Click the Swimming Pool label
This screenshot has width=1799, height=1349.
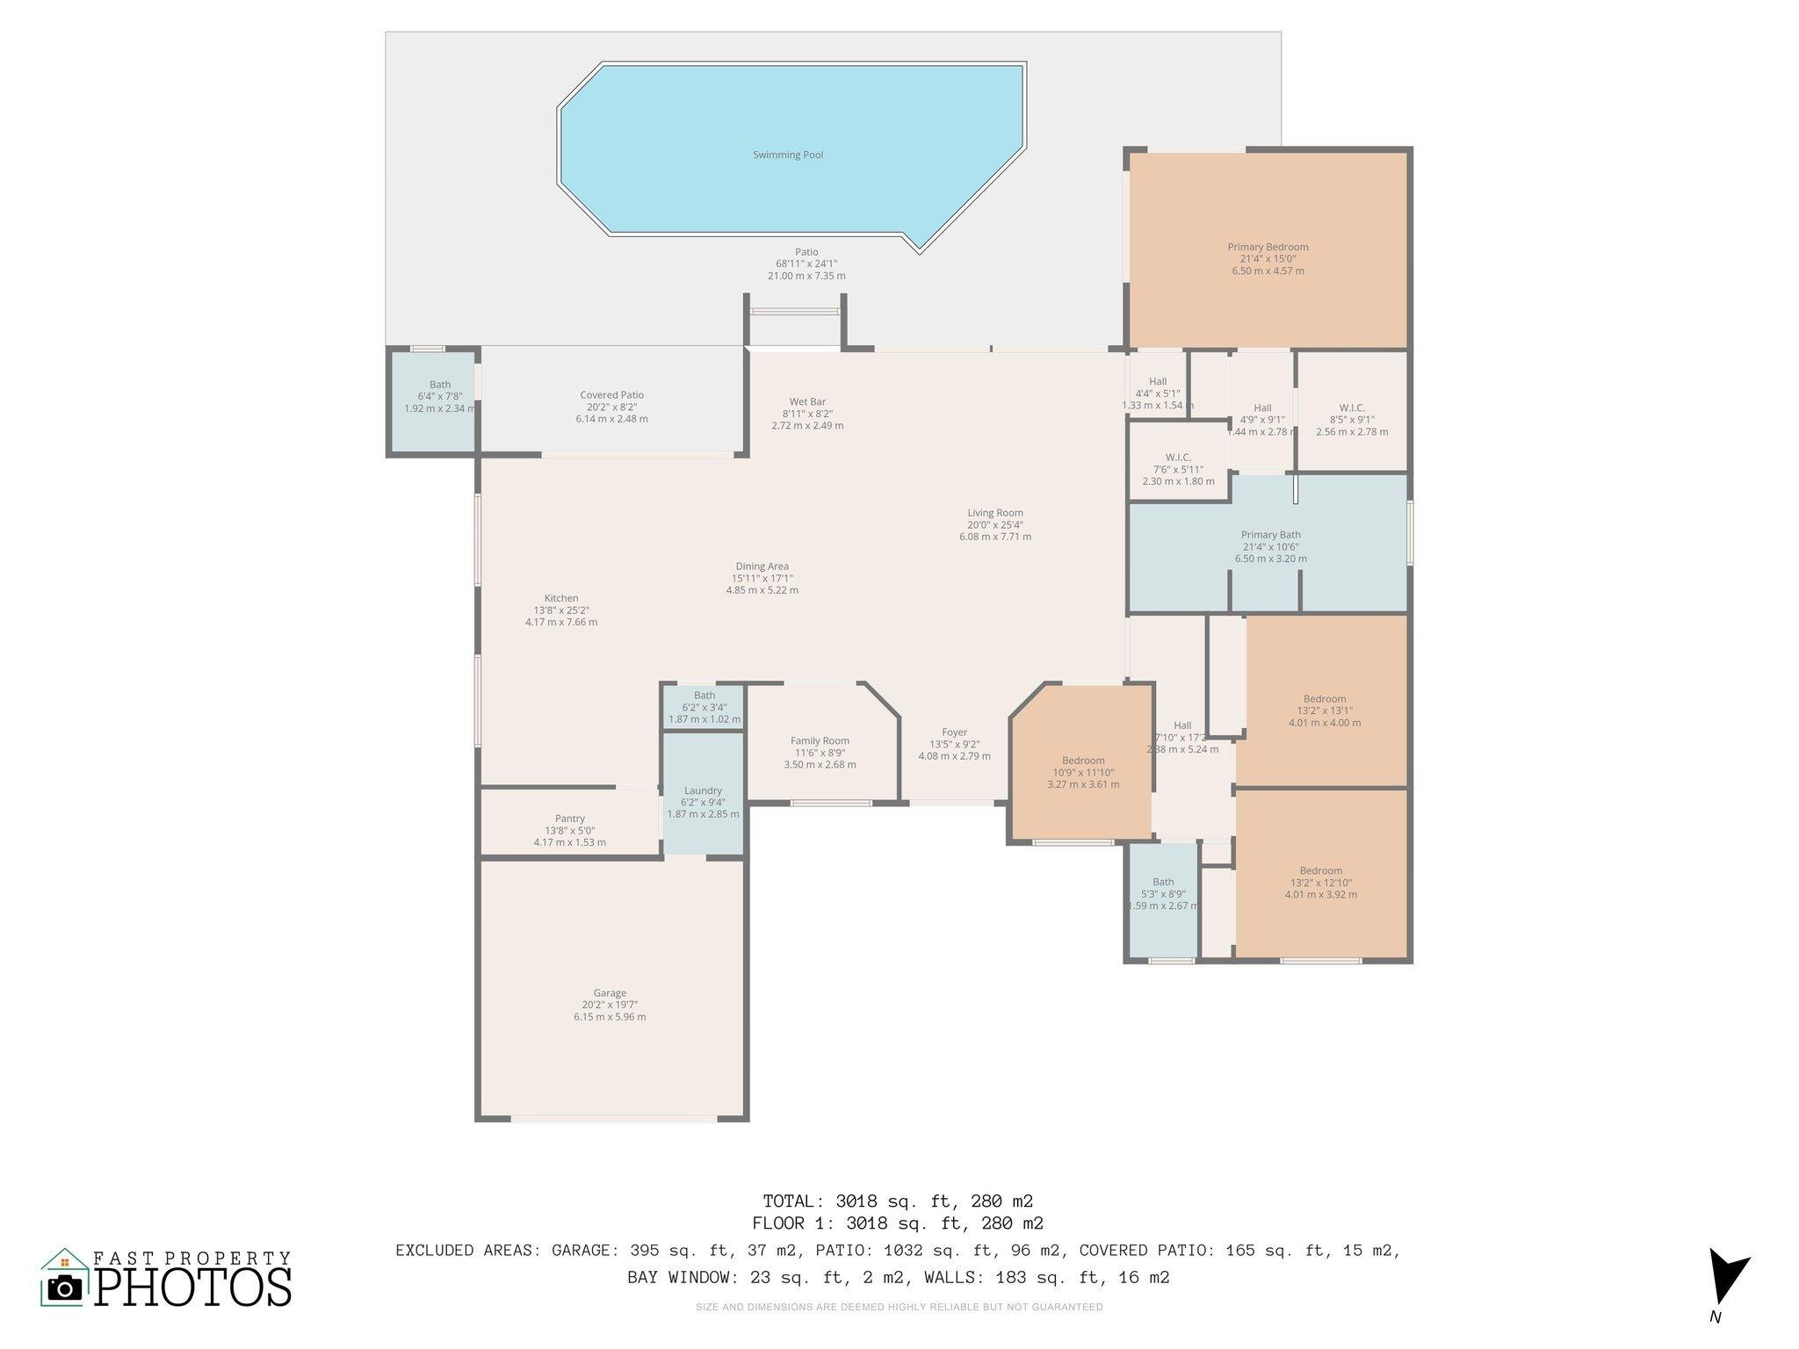pos(788,155)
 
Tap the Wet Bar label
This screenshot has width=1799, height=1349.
pos(806,402)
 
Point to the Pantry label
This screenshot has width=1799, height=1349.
pos(569,819)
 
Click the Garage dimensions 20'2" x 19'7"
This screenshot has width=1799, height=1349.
pos(610,1005)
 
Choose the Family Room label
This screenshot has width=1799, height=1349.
pos(820,741)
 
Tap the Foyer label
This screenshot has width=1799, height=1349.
pos(954,732)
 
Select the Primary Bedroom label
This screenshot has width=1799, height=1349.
pos(1268,248)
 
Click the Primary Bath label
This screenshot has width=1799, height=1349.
pos(1270,535)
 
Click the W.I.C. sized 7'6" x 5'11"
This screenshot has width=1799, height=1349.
pos(1178,458)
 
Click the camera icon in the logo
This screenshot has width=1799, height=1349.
pos(63,1288)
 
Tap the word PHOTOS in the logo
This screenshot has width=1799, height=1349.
pos(193,1288)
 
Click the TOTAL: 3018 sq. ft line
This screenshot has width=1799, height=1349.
pos(897,1201)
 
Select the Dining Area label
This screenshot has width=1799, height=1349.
pos(762,566)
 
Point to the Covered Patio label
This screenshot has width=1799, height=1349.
pos(611,395)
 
